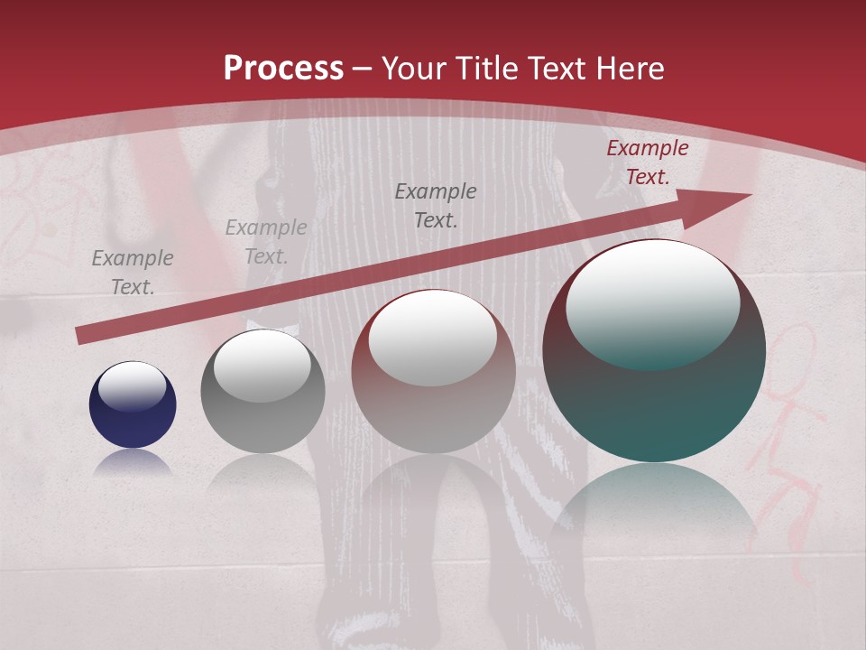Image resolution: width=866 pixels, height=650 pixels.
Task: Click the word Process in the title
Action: click(283, 69)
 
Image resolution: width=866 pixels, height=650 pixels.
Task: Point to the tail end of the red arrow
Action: click(83, 335)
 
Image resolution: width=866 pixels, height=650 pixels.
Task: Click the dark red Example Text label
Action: click(647, 162)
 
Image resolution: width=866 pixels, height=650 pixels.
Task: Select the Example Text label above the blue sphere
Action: click(133, 272)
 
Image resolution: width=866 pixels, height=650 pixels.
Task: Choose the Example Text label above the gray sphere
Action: click(266, 242)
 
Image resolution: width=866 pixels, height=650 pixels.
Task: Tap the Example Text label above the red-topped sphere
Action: click(436, 205)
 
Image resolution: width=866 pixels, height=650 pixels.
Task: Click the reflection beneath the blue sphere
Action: click(133, 462)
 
